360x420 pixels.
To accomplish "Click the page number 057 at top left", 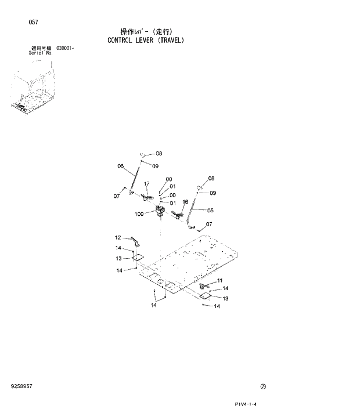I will [33, 22].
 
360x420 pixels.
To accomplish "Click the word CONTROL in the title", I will [121, 41].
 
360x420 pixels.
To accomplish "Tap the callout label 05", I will [210, 211].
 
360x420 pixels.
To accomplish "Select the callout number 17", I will [146, 184].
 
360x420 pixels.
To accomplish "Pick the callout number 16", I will [185, 202].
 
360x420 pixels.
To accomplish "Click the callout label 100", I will [139, 214].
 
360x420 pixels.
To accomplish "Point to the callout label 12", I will [117, 237].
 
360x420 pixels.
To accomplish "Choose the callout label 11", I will [219, 281].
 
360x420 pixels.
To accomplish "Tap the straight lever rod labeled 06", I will [136, 178].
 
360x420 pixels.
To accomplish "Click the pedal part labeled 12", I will [134, 241].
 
